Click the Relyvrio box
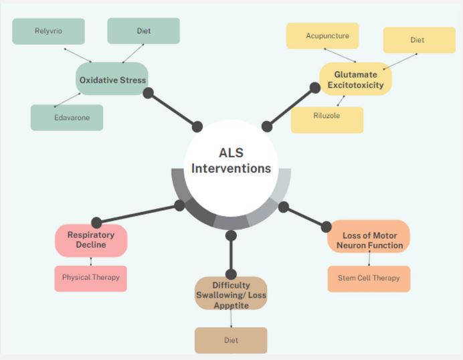(x=48, y=31)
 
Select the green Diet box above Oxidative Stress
(x=143, y=31)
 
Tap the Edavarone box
(x=67, y=118)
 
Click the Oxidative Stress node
(x=112, y=78)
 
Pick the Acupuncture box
(x=322, y=35)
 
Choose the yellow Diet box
(x=420, y=40)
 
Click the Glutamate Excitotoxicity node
(x=355, y=79)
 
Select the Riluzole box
(x=327, y=120)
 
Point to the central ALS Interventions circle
(x=231, y=168)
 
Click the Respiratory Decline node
(x=91, y=240)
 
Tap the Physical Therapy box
(x=90, y=279)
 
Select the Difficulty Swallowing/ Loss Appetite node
(x=231, y=293)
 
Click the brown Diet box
(x=231, y=340)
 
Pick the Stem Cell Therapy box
(x=369, y=279)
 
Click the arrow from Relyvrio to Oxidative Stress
(x=78, y=56)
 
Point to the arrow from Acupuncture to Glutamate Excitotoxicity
(x=340, y=56)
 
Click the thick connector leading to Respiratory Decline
(x=138, y=214)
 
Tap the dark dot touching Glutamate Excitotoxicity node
(x=315, y=88)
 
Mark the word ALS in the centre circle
(x=231, y=153)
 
